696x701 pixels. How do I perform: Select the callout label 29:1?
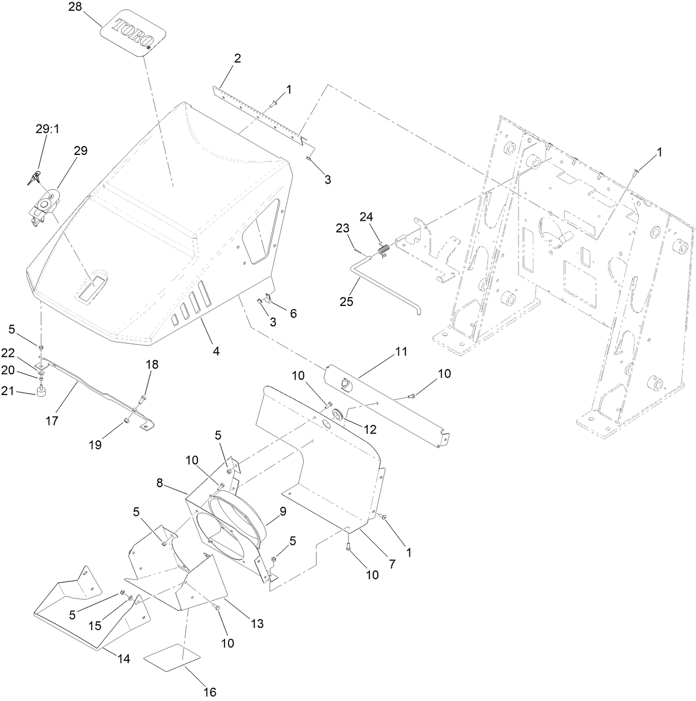tap(47, 128)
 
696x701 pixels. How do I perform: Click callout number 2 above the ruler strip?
tap(237, 59)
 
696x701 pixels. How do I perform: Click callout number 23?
tap(343, 228)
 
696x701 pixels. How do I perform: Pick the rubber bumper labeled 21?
tap(40, 392)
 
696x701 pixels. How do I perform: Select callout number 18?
tap(152, 364)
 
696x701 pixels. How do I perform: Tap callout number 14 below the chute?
tap(123, 660)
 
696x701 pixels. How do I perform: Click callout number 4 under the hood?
tap(216, 351)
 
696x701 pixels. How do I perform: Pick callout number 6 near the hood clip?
tap(293, 314)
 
